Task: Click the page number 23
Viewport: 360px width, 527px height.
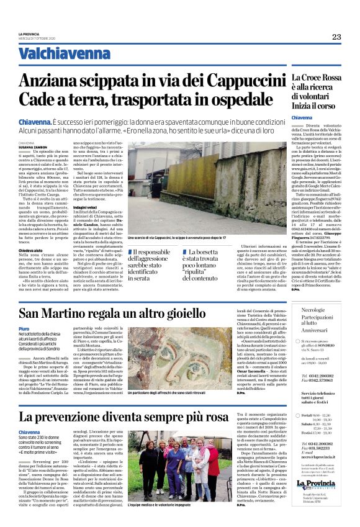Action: click(336, 37)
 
